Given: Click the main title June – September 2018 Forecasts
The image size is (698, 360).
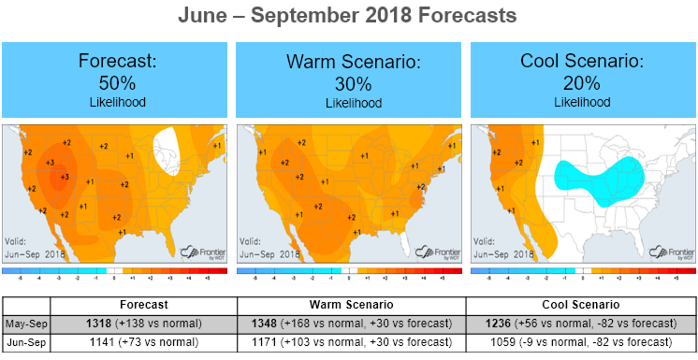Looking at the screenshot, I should pos(349,18).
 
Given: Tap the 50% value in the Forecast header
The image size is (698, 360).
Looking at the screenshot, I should pos(117,81).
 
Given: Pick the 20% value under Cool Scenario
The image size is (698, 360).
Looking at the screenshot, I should pos(583,81).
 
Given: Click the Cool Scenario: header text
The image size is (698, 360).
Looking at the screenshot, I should pos(583,62).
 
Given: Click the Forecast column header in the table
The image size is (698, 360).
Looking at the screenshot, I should pos(143,305).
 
